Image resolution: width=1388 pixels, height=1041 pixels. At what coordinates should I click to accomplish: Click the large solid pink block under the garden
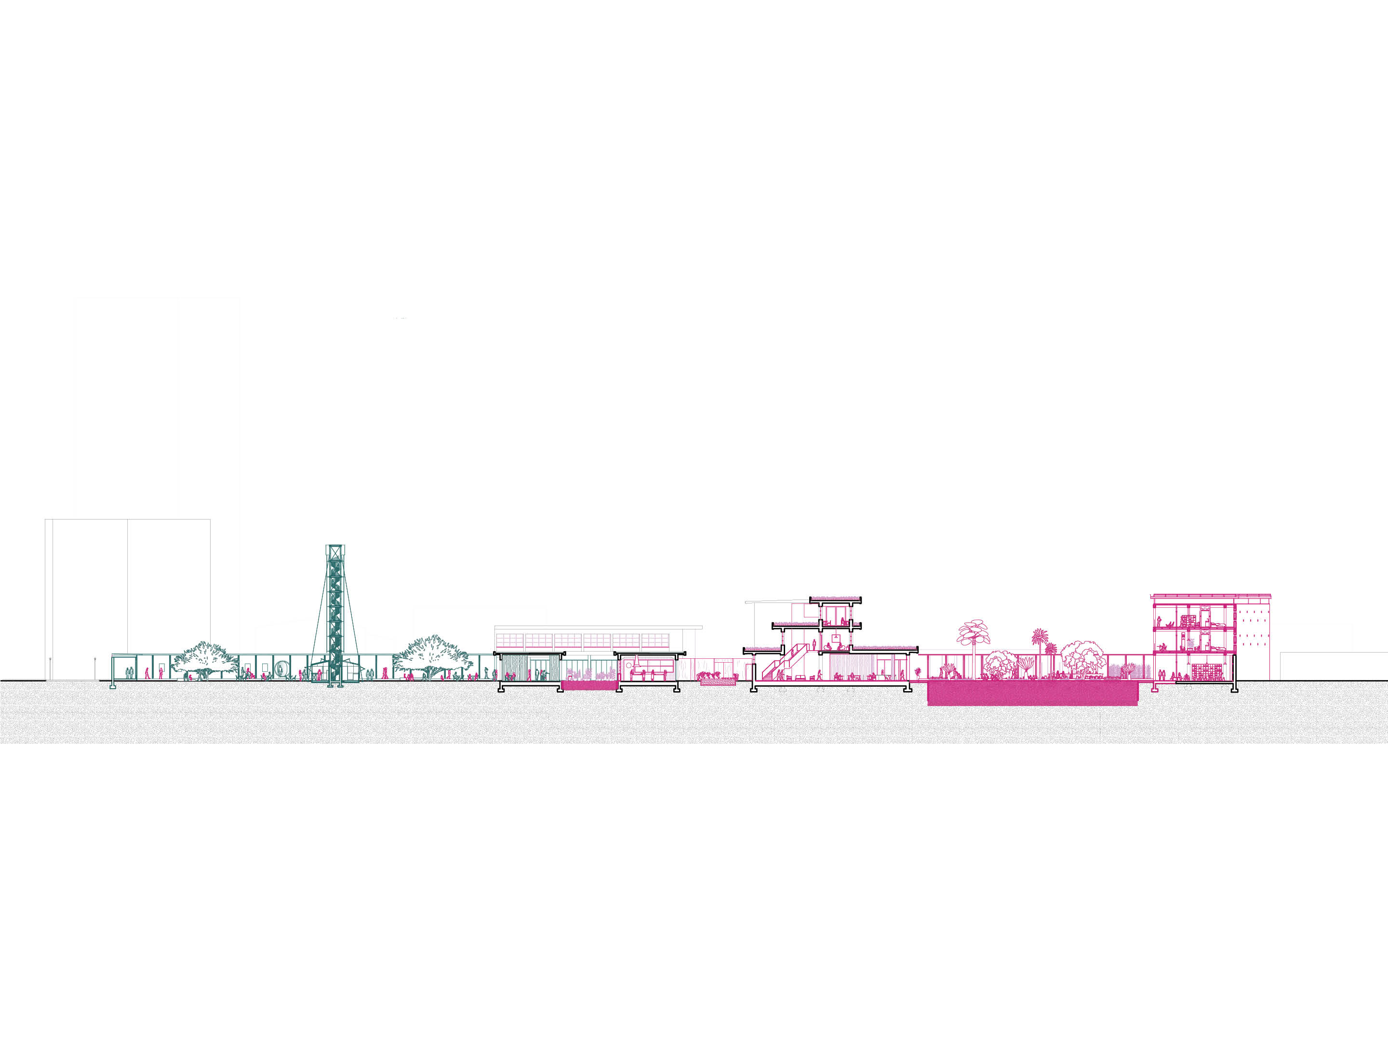point(1032,694)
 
